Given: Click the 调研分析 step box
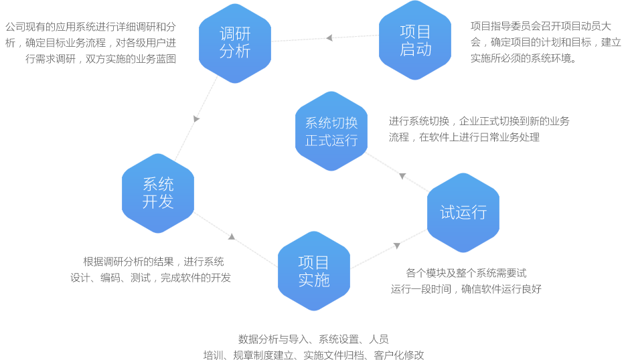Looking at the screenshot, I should [234, 41].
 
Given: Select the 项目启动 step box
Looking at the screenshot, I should [415, 40].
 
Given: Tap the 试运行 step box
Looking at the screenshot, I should [463, 213].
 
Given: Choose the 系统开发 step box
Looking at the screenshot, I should [158, 193].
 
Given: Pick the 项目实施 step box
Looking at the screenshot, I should [314, 271].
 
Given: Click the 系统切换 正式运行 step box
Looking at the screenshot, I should [331, 132].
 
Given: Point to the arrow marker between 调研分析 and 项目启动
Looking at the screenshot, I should [329, 37].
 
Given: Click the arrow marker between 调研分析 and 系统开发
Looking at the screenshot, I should [196, 119].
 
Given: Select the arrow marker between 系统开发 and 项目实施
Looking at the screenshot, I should [231, 235].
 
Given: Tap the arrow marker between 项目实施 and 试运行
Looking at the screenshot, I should [396, 246].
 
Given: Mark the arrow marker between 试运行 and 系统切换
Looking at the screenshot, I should [402, 177].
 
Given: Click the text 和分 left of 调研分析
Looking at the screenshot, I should [165, 27].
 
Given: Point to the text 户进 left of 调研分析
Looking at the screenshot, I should [165, 43].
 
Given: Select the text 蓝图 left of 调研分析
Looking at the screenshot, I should [165, 58].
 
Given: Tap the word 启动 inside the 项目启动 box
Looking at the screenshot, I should [415, 50].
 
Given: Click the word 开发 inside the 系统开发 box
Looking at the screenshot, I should [158, 201].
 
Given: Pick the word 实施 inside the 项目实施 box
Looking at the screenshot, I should [314, 280].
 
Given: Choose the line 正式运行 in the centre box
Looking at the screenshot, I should [331, 141].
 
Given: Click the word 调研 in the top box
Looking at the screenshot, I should [234, 33].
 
